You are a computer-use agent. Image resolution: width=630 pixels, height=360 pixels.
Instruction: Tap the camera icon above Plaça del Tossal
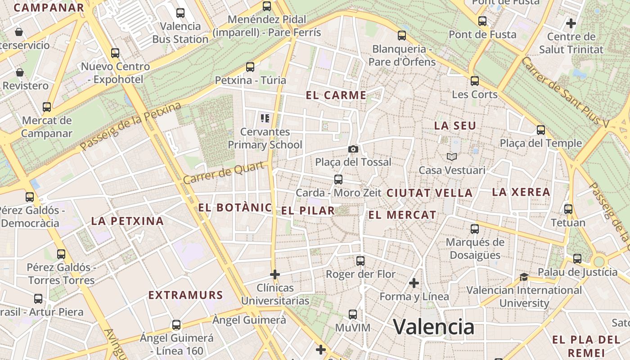click(x=353, y=149)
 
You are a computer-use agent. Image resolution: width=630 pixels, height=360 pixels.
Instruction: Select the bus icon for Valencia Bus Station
click(x=180, y=13)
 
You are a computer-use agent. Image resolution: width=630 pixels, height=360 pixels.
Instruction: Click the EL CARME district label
click(x=336, y=95)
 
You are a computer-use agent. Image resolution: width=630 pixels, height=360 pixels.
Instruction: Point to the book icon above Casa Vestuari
click(x=452, y=157)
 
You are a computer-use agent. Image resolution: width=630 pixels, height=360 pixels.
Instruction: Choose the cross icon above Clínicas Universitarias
click(x=274, y=274)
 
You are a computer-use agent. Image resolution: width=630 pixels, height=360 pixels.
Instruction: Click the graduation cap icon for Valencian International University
click(x=524, y=277)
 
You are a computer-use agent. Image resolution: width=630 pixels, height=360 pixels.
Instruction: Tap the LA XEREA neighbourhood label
click(x=521, y=192)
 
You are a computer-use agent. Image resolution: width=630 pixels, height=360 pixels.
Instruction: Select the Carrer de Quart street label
click(x=223, y=173)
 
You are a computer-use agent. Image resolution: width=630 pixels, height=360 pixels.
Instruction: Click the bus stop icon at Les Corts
click(x=475, y=81)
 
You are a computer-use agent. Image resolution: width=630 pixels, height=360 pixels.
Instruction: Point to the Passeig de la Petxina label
click(x=130, y=126)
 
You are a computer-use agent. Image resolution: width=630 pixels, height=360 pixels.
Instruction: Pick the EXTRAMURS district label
click(x=186, y=295)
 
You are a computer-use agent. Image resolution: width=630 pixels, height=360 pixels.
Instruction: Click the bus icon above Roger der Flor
click(x=360, y=261)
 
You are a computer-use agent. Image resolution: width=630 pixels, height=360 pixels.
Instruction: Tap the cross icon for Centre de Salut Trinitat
click(x=571, y=23)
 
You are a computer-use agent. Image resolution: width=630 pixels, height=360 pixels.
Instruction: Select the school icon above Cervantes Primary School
click(x=265, y=118)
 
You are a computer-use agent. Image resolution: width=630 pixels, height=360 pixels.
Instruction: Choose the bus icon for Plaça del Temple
click(x=541, y=130)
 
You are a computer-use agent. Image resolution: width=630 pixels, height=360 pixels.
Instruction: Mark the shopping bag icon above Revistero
click(x=20, y=72)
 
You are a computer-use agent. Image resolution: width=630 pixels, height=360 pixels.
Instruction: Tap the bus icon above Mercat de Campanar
click(x=47, y=107)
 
